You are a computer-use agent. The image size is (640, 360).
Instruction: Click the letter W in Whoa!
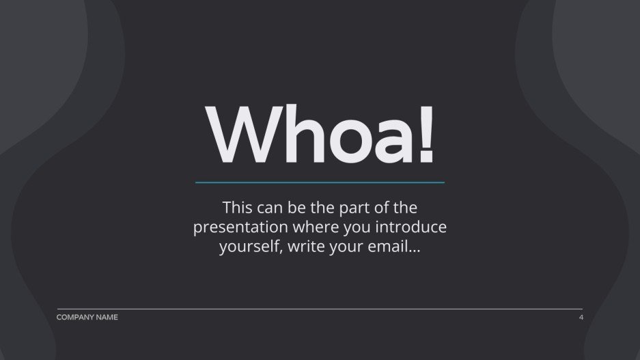[x=236, y=134]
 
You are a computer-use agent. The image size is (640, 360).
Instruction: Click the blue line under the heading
[x=320, y=182]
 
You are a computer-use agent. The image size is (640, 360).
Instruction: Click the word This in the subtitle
[x=238, y=207]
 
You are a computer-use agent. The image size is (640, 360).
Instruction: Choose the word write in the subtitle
[x=307, y=247]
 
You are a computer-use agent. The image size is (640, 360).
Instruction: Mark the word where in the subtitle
[x=323, y=227]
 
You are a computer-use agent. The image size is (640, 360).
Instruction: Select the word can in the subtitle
[x=273, y=208]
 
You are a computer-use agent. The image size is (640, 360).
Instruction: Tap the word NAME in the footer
[x=107, y=317]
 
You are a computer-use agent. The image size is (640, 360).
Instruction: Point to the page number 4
[x=581, y=317]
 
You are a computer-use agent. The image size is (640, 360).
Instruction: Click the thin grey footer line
[x=320, y=309]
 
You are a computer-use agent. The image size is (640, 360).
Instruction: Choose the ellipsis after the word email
[x=413, y=250]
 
